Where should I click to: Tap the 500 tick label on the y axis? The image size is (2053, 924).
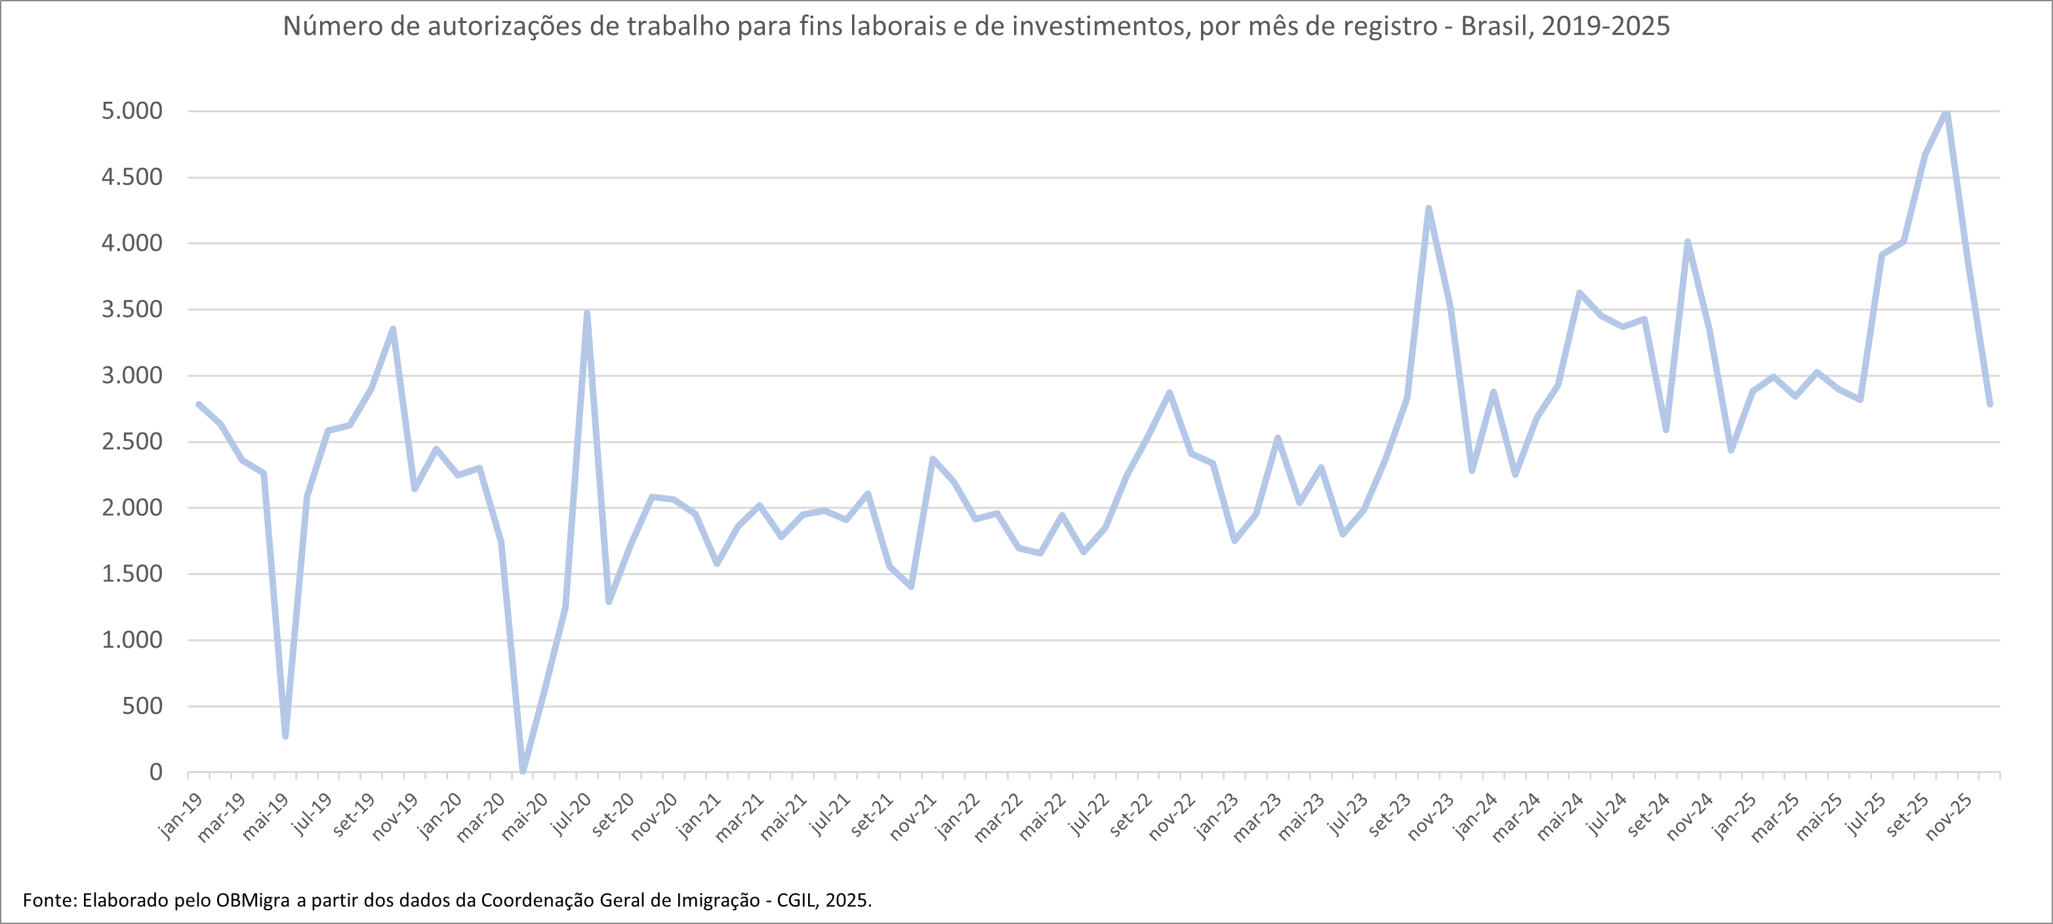142,706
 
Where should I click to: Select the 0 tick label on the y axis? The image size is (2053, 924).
155,772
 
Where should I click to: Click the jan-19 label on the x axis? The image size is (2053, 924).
181,816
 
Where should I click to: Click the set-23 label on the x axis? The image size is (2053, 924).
1390,816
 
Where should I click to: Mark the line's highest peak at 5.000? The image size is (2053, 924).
1947,112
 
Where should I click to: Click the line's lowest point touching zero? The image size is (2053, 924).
523,771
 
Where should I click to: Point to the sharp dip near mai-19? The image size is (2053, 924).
285,736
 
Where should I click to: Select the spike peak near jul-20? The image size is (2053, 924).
588,312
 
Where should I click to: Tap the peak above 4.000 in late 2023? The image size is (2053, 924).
1428,208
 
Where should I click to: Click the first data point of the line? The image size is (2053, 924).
199,404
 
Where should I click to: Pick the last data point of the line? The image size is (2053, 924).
1990,404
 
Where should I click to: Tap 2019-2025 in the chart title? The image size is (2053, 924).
1605,27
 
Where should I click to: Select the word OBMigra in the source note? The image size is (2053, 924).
253,901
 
